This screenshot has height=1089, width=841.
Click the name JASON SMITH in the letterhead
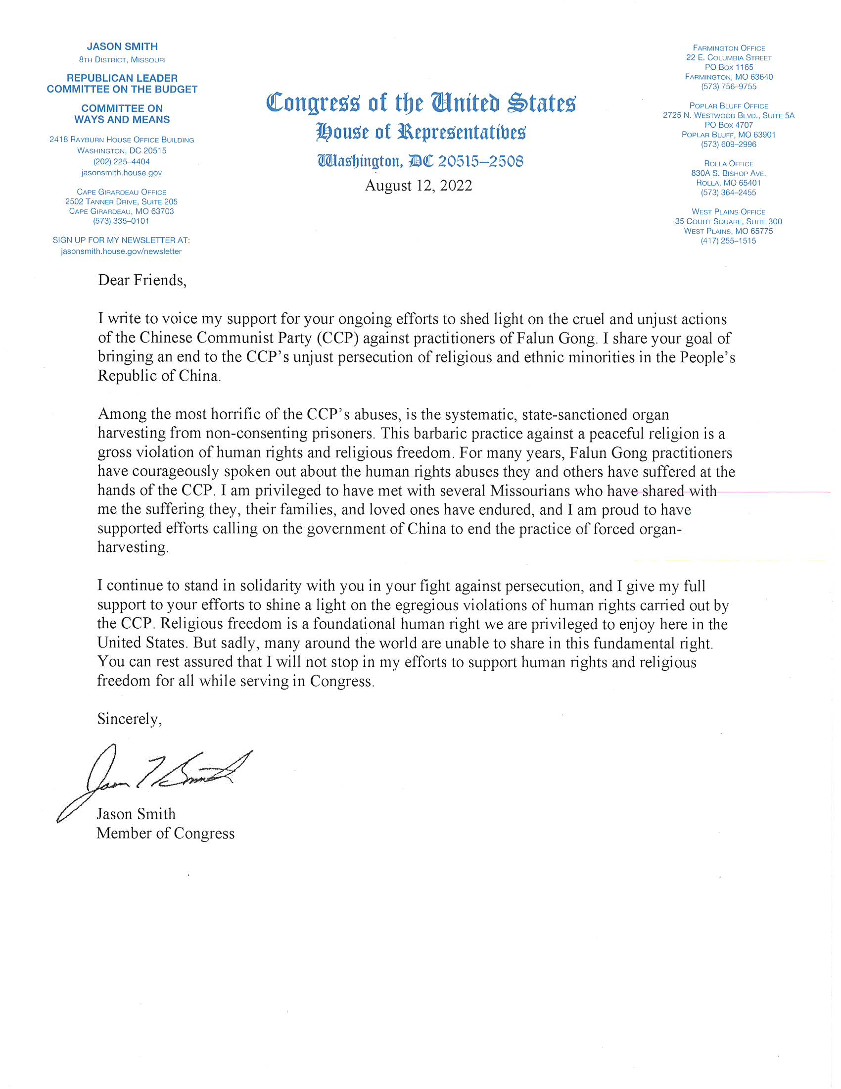[x=122, y=47]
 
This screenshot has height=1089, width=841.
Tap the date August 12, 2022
[x=419, y=186]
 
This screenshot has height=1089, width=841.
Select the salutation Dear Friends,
[x=142, y=280]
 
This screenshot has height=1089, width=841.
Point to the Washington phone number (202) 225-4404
[x=122, y=161]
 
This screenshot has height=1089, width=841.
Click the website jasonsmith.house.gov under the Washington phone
[x=122, y=173]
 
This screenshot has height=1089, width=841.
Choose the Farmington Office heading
[x=728, y=49]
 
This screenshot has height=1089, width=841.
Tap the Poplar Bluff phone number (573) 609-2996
[x=728, y=145]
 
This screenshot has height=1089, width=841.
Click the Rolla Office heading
[x=728, y=163]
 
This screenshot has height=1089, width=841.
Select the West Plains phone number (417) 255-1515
[x=728, y=241]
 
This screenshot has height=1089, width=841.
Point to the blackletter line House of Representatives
[x=420, y=132]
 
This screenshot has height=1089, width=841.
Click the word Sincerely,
[x=130, y=719]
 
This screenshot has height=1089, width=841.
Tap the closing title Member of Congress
[x=165, y=833]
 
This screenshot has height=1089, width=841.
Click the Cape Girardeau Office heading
[x=122, y=192]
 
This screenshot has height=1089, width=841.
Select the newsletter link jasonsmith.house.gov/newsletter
[x=122, y=251]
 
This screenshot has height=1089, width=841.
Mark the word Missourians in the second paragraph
[x=530, y=491]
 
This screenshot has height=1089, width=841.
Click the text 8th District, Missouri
[x=122, y=60]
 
